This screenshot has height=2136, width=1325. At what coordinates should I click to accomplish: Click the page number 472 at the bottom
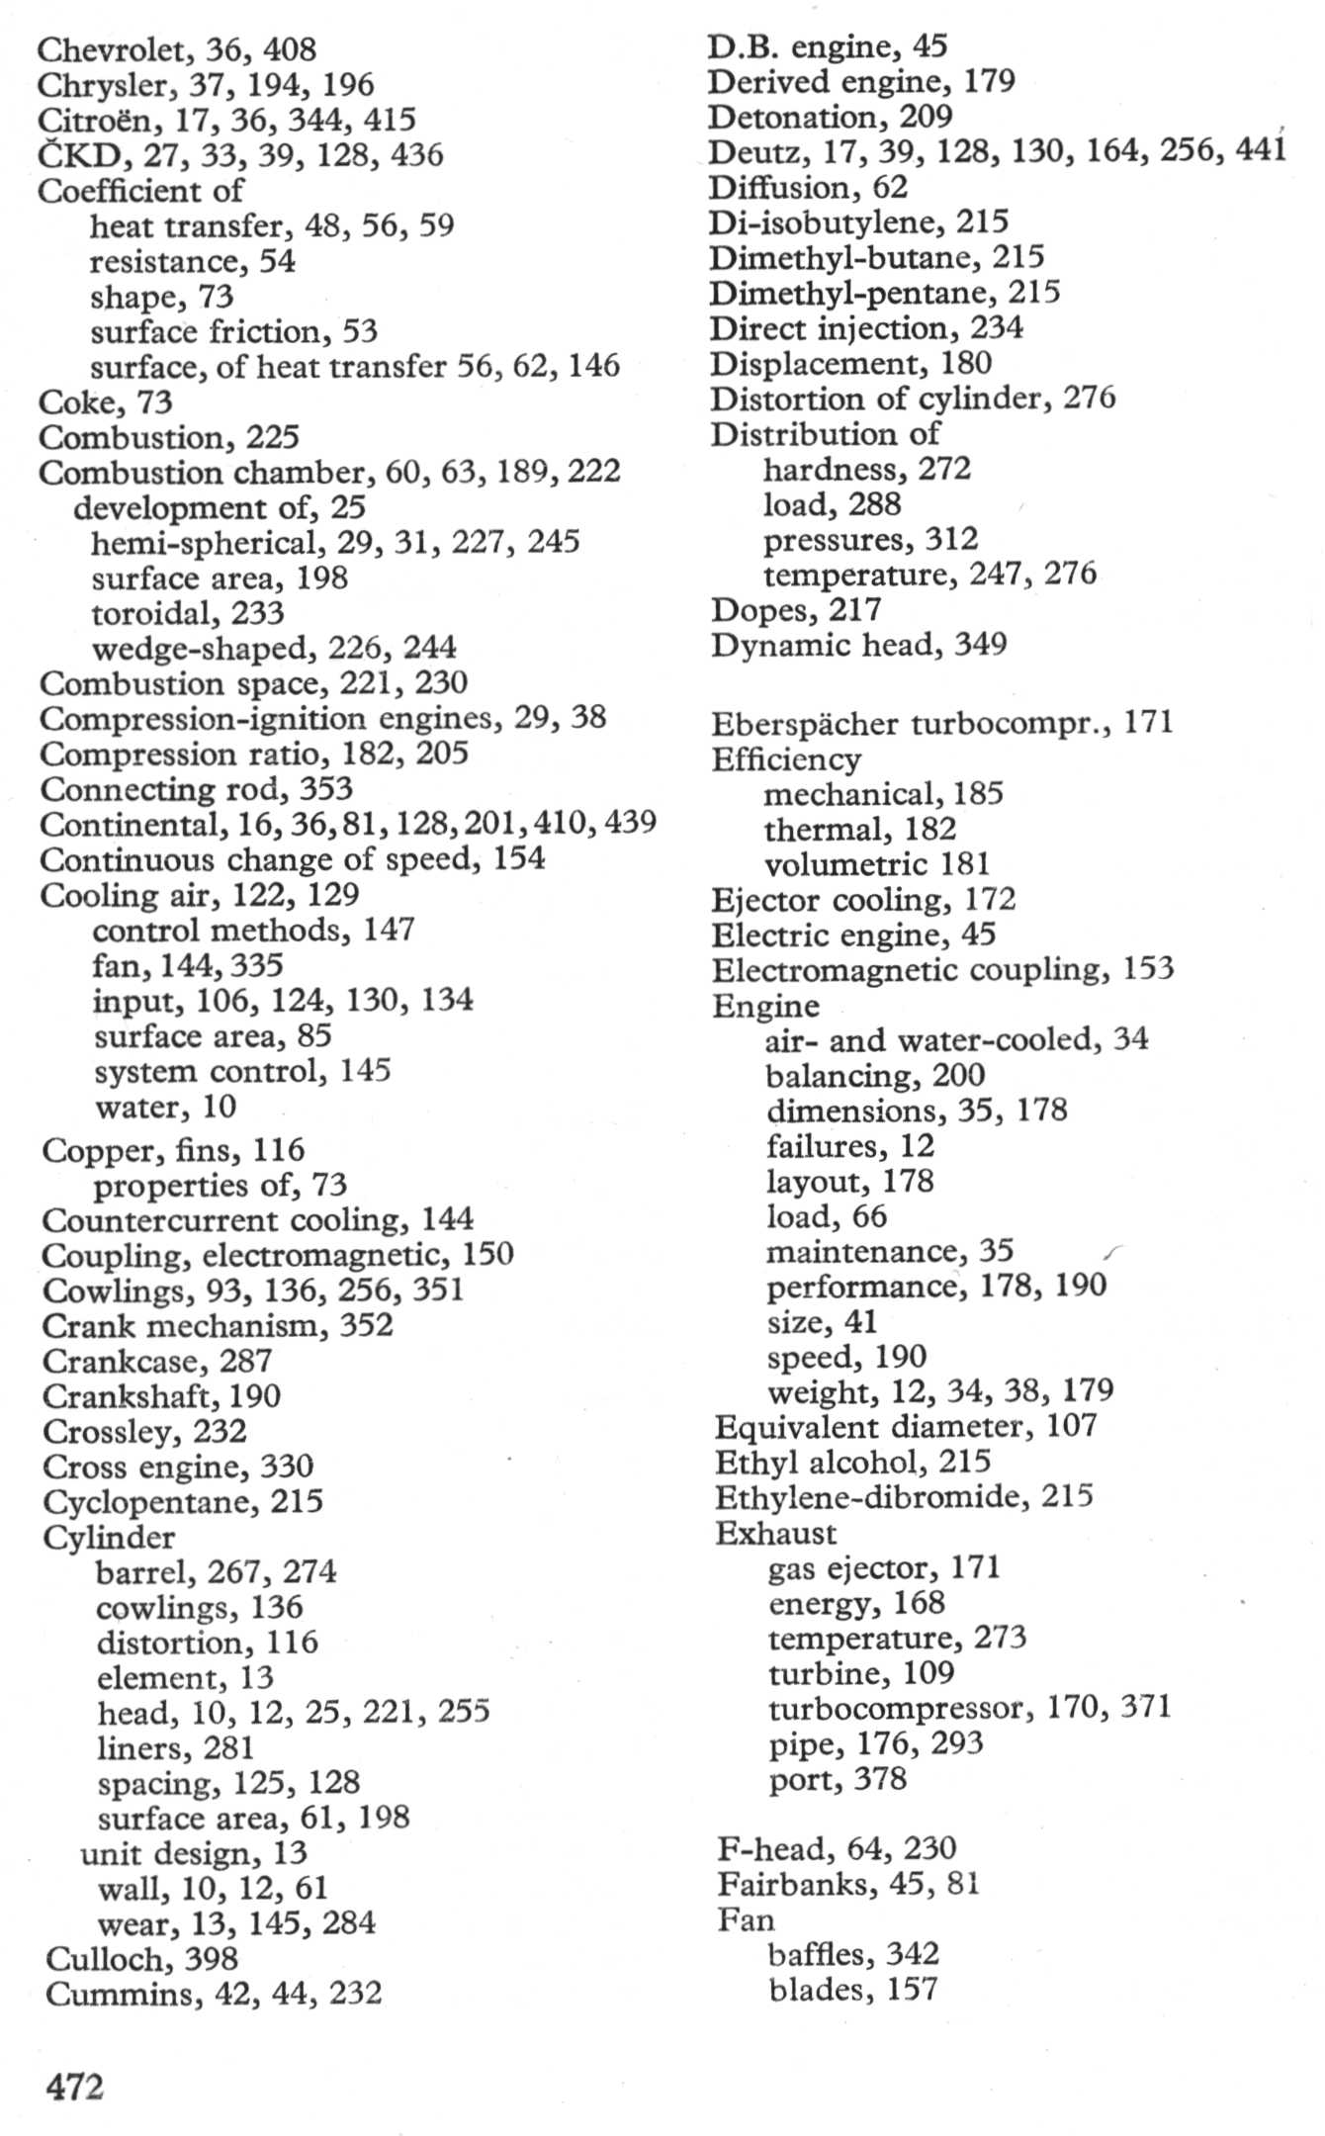(x=75, y=2087)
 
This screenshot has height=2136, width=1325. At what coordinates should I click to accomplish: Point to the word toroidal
(x=151, y=614)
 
